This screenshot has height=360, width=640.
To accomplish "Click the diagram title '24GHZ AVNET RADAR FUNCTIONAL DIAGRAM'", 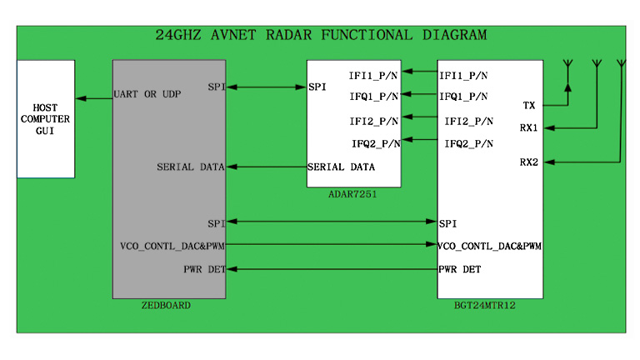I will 321,36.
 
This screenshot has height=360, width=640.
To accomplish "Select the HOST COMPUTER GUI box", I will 46,118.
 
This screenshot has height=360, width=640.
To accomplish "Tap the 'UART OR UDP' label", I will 147,94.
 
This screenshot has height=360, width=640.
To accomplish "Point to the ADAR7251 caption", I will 352,193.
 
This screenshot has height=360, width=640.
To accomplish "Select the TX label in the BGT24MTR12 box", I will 528,105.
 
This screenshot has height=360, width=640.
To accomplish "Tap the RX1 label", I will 528,127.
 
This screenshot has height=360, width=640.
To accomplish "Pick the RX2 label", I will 528,162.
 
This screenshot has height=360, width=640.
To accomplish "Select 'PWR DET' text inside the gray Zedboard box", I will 203,269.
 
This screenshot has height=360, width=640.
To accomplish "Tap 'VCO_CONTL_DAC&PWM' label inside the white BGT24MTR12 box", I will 490,246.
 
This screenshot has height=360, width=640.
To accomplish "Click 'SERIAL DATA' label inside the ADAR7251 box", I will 341,167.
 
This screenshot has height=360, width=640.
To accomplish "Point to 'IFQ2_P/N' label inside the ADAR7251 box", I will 375,143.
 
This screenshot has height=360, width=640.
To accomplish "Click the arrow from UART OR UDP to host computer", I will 93,98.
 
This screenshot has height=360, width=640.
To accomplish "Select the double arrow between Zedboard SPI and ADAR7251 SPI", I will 266,87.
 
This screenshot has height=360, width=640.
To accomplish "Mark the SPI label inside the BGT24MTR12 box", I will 447,223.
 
